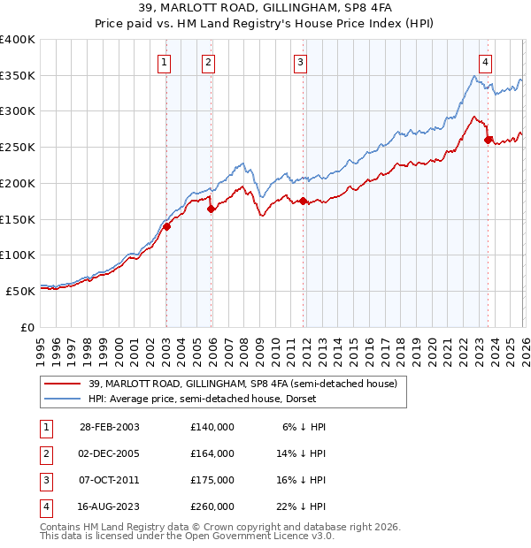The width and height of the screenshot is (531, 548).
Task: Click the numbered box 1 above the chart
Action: tap(165, 62)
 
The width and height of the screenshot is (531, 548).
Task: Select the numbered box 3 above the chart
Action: tap(301, 62)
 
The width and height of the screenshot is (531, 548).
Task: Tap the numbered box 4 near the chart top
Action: tap(486, 62)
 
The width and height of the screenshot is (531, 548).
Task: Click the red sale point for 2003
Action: tap(166, 226)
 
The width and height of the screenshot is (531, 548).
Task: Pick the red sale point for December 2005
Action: tap(212, 209)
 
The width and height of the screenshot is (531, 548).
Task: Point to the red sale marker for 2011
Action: tap(303, 202)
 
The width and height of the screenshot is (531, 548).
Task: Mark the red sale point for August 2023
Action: tap(488, 140)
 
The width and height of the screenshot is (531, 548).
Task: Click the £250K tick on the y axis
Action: tap(18, 148)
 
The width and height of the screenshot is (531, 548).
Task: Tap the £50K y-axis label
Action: tap(20, 291)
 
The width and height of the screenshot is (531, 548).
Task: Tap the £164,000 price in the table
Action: tap(212, 453)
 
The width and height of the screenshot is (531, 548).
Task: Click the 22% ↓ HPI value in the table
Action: tap(302, 506)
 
